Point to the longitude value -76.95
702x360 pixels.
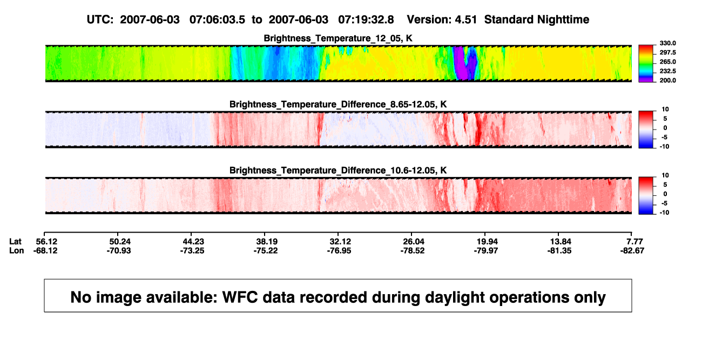click(339, 251)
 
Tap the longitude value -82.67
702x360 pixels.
click(632, 251)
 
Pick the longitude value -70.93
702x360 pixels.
click(119, 251)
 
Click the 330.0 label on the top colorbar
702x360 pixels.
click(667, 43)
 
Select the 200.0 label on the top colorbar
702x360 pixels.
click(667, 80)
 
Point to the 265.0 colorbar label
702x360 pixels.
click(667, 62)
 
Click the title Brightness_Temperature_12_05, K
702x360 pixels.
click(338, 38)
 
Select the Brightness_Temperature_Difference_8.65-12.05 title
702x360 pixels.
click(338, 104)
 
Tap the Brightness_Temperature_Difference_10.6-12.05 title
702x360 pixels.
click(338, 171)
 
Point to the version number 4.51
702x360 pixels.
click(465, 20)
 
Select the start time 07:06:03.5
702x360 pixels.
click(217, 20)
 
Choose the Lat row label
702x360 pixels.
click(15, 242)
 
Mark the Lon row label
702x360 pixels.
click(17, 251)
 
